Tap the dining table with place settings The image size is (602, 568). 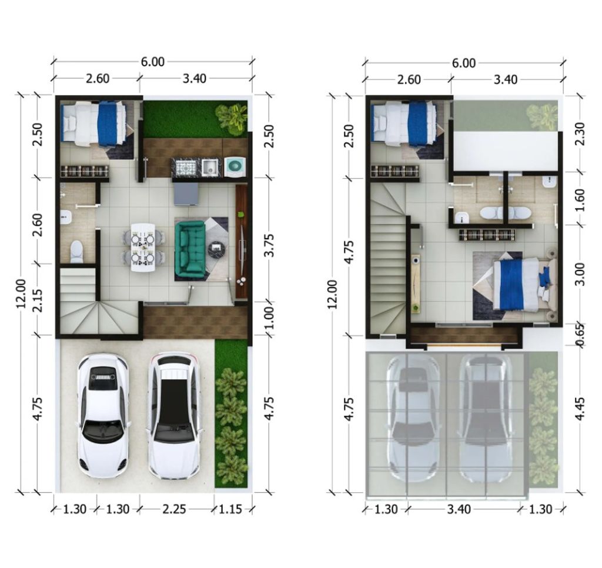point(143,248)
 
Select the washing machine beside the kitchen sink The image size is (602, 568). point(235,166)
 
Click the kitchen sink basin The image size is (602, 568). point(210,167)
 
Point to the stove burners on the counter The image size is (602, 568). point(186,167)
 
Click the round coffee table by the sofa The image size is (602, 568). point(215,249)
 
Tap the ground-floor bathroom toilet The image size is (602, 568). point(77,252)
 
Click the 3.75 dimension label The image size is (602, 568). point(270,245)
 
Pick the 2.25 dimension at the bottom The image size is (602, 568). point(174,509)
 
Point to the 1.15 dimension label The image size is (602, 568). point(230,509)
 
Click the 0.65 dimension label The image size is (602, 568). point(580,335)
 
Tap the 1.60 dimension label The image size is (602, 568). point(580,199)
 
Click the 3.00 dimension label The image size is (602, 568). point(580,274)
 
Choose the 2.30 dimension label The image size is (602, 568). point(580,133)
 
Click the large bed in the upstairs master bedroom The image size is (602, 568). point(524,284)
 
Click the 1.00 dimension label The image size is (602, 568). point(270,317)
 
